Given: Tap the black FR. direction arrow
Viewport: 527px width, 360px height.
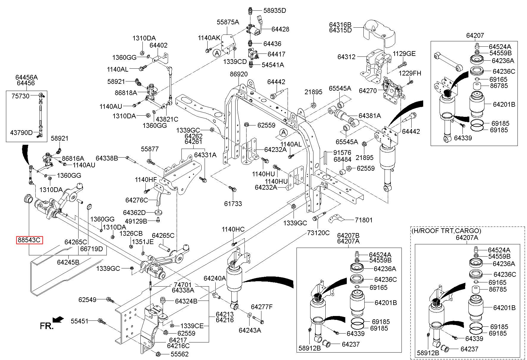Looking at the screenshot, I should point(59,319).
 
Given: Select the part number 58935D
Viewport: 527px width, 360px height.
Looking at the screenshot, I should point(275,10).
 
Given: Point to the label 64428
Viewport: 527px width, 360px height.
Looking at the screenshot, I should point(280,29).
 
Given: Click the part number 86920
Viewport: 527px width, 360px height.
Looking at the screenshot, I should point(239,74).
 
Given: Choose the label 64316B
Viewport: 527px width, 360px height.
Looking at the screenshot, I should point(340,24).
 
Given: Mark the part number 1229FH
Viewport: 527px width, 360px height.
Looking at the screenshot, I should point(410,73).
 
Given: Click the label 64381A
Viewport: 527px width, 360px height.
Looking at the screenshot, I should point(369,116).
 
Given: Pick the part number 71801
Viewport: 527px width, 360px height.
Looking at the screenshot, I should point(363,220).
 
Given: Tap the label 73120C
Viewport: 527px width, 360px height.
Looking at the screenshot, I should point(318,233).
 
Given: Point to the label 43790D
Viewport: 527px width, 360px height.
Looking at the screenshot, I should point(21,133).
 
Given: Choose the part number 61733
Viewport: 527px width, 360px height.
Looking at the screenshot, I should point(233,204).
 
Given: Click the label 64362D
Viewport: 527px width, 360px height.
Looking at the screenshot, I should point(134,213).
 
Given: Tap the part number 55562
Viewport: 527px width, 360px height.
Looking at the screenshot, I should point(179,354).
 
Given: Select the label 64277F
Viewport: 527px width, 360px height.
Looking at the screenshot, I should point(262,307).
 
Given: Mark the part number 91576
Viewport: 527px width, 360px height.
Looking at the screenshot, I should point(342,153).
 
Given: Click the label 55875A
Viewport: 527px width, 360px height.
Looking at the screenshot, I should point(228,22).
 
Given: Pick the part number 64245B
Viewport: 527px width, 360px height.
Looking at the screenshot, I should point(68,262).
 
